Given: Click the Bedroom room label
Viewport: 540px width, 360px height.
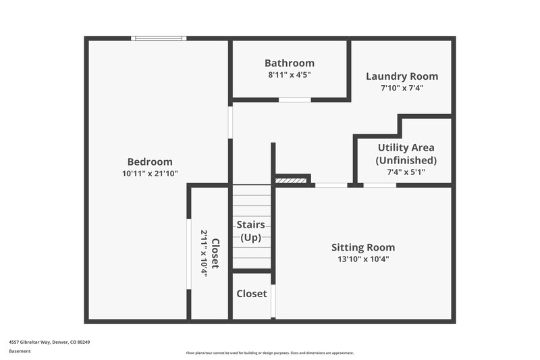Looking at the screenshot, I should pyautogui.click(x=150, y=161).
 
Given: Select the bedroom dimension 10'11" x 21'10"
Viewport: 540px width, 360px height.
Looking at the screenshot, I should pyautogui.click(x=150, y=174).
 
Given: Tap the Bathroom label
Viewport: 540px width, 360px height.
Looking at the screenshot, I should pyautogui.click(x=289, y=63).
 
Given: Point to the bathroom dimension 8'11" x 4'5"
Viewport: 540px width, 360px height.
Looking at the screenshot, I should pyautogui.click(x=289, y=75).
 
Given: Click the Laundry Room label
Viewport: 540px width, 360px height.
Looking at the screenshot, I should pyautogui.click(x=402, y=76).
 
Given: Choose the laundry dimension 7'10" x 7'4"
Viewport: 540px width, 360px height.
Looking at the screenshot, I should pyautogui.click(x=402, y=88).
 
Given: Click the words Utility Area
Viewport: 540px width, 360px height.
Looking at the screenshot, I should pyautogui.click(x=406, y=147).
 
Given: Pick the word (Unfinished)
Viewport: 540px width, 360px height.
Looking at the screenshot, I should pyautogui.click(x=406, y=160).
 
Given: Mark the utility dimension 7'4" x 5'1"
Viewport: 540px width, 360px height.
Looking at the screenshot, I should pyautogui.click(x=406, y=172).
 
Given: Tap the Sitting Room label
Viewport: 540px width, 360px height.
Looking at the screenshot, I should pyautogui.click(x=363, y=247).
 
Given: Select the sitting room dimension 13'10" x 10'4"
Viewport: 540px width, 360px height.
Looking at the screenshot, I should pyautogui.click(x=363, y=259).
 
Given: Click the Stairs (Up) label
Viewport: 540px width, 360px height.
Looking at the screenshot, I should pyautogui.click(x=250, y=230).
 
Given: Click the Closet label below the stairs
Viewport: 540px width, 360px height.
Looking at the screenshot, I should pyautogui.click(x=251, y=294).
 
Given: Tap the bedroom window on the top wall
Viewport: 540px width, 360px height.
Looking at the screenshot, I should pyautogui.click(x=159, y=38).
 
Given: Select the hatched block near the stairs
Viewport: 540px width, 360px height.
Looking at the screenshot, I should pyautogui.click(x=292, y=180).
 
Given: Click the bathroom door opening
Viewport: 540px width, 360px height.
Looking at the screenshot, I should pyautogui.click(x=295, y=100).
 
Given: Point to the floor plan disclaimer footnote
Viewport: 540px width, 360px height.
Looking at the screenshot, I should pyautogui.click(x=270, y=353).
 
